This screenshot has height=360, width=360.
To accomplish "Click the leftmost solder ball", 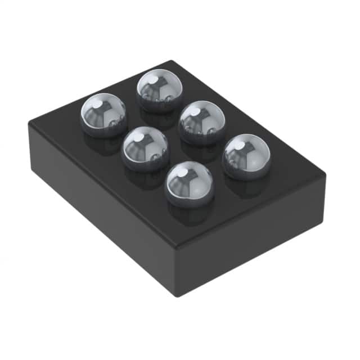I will (103, 114).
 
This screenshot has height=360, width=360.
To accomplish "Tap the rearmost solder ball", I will (160, 90).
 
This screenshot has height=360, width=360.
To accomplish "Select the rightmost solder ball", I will (246, 156).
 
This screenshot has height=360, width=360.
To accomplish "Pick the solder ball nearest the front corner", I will (190, 183).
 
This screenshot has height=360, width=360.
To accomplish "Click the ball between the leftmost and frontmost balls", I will (146, 148).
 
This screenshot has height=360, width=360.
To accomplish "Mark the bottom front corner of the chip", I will (178, 296).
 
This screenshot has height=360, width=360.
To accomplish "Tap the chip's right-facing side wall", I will (253, 236).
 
